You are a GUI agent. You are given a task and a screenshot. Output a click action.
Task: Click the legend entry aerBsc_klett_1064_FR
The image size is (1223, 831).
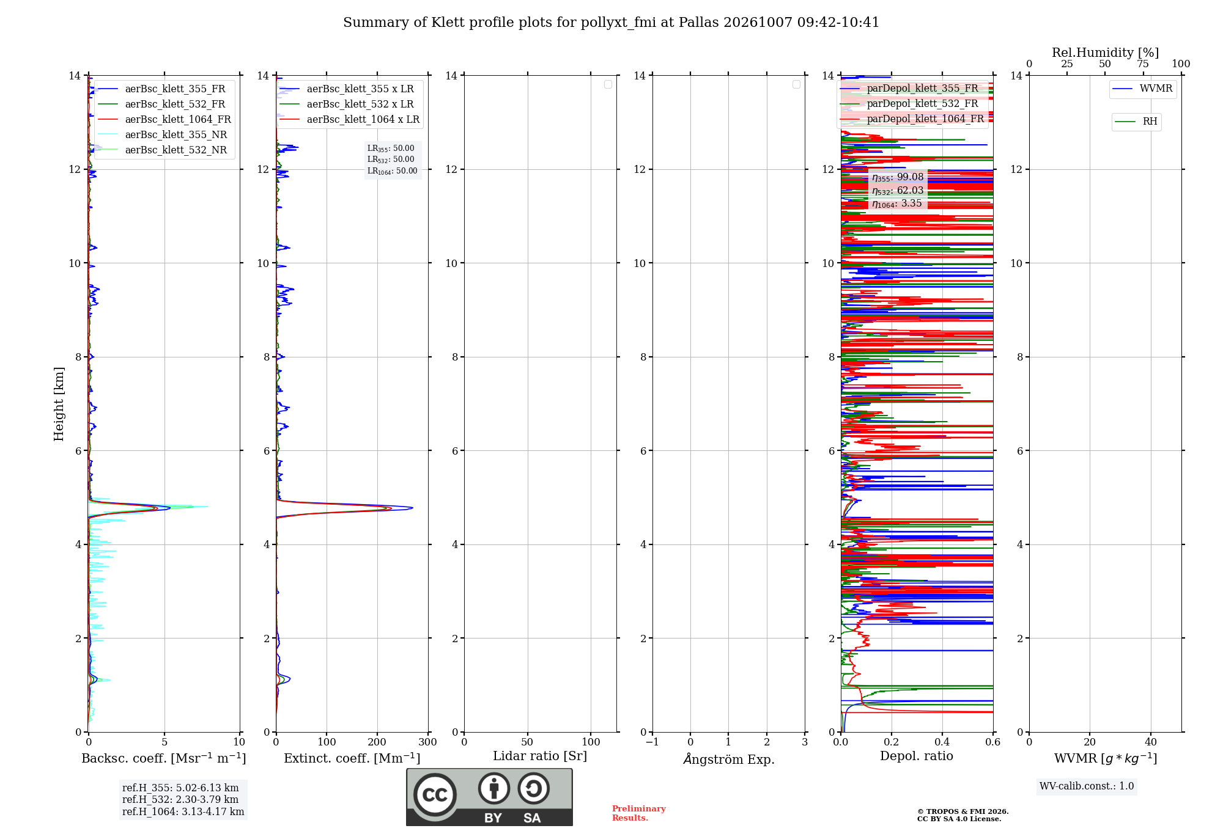click(x=164, y=119)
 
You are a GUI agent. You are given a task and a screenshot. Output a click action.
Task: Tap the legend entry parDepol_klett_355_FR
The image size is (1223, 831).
click(x=909, y=88)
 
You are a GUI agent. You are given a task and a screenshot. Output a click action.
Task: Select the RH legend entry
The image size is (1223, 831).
click(x=1136, y=122)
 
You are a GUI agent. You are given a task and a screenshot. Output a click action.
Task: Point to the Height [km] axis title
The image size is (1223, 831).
click(x=59, y=404)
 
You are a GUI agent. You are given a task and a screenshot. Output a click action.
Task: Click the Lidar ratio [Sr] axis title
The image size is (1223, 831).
click(x=540, y=756)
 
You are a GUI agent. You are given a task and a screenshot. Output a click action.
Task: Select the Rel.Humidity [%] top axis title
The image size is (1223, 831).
click(x=1105, y=53)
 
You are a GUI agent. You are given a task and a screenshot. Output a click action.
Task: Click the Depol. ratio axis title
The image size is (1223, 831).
click(x=917, y=756)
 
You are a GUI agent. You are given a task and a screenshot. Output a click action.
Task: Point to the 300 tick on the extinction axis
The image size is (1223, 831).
click(x=428, y=742)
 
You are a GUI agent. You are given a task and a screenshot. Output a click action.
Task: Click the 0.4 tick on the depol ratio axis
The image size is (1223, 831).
click(x=942, y=742)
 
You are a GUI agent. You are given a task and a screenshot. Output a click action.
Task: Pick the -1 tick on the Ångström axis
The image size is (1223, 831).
click(x=652, y=742)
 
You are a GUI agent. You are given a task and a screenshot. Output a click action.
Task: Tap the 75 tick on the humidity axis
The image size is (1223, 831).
click(x=1143, y=64)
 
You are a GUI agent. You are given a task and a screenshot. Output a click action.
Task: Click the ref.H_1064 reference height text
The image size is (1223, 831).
click(x=183, y=811)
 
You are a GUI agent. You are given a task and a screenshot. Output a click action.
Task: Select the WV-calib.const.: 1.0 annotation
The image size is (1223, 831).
click(x=1087, y=786)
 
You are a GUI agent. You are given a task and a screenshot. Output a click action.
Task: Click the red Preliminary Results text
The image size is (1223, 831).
click(x=638, y=813)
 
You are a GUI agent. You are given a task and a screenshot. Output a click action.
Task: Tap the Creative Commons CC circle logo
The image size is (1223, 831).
click(x=435, y=794)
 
